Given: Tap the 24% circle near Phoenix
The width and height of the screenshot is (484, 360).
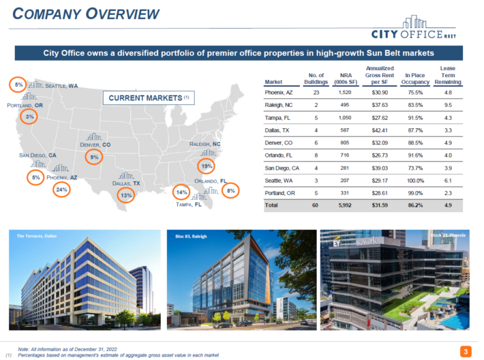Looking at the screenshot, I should click(62, 190).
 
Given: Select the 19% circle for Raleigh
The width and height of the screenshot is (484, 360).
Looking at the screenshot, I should click(206, 166).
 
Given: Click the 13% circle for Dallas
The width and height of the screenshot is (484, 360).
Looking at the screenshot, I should click(126, 196).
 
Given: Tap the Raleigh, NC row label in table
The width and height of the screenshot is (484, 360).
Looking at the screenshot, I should click(279, 105).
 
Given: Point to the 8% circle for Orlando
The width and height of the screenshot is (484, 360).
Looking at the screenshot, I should click(231, 192).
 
